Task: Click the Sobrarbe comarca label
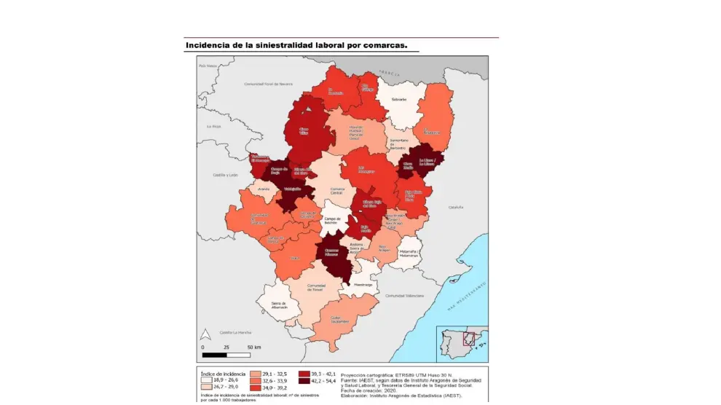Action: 398,99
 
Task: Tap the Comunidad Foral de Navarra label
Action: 269,84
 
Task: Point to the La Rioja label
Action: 213,126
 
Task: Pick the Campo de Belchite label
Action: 333,220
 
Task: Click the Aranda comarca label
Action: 264,189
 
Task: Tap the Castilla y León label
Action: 226,176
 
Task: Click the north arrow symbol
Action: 206,334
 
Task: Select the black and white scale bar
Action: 227,355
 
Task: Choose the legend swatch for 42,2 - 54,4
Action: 306,380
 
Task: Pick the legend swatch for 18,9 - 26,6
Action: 206,380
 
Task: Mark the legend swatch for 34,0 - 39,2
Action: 256,388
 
